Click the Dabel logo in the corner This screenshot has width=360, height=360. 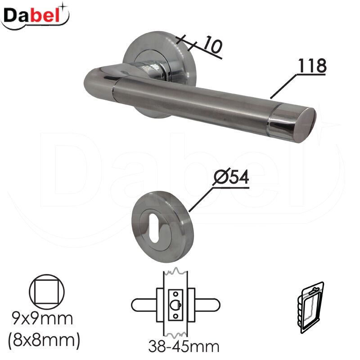35,17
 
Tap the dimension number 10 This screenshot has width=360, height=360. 213,45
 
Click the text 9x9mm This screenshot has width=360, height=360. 43,319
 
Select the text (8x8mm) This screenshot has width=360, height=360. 44,340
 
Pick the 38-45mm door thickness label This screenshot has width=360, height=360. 184,346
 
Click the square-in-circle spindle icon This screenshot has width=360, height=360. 47,292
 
